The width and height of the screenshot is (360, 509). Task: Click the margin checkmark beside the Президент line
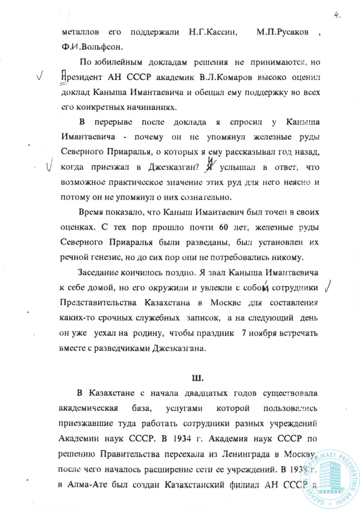(40, 77)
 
